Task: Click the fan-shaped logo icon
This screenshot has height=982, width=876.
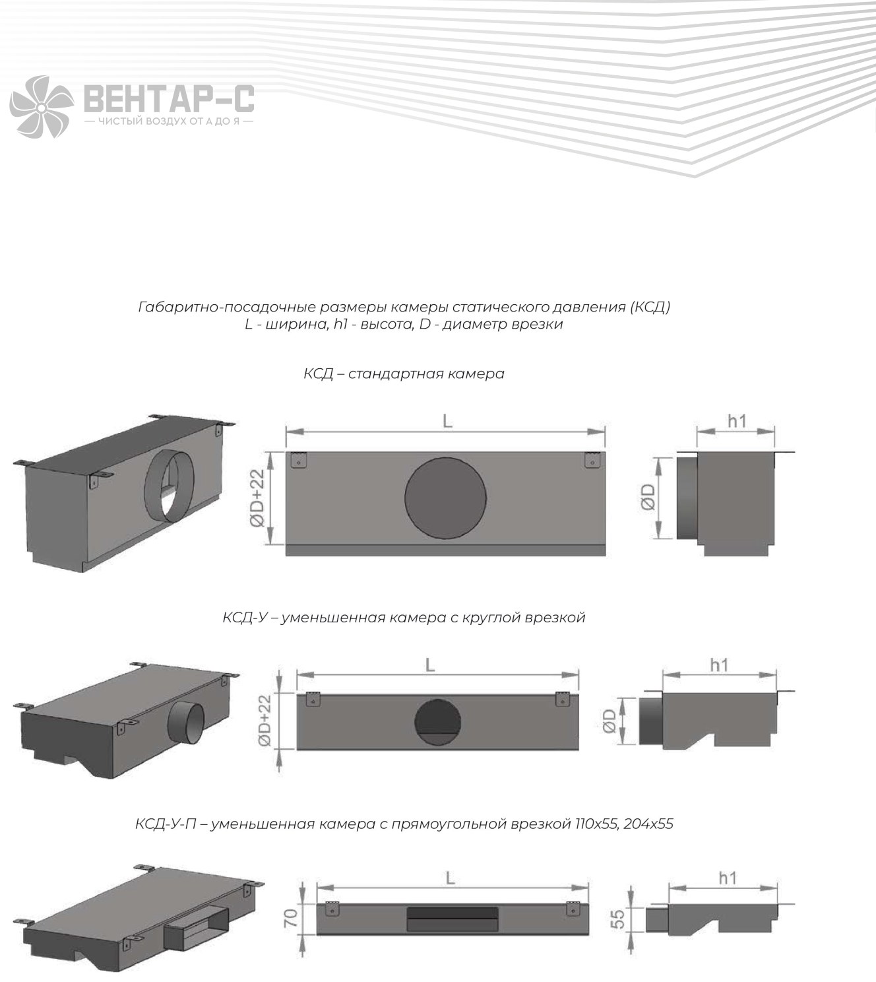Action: pos(42,107)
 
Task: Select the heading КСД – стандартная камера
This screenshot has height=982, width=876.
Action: pos(404,374)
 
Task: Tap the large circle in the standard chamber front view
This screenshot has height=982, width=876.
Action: pos(445,498)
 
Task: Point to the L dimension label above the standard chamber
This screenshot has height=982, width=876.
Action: pos(447,421)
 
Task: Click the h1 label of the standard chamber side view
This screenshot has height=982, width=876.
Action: pos(737,421)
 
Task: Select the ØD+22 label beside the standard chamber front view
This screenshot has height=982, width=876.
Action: pos(258,498)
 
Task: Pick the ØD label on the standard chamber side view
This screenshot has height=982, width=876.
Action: pos(648,498)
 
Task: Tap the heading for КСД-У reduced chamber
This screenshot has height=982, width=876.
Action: pos(404,618)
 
